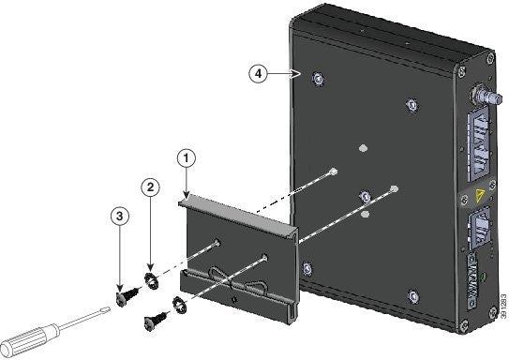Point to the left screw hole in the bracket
coord(218,243)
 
